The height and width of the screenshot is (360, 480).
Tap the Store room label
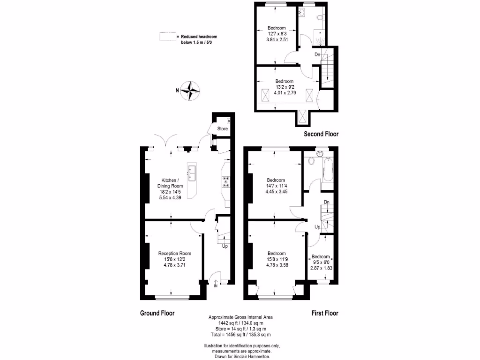222,128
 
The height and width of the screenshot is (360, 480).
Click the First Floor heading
325,313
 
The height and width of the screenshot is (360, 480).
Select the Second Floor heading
321,134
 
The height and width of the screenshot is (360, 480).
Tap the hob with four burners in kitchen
226,181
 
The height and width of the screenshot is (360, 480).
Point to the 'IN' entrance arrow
216,284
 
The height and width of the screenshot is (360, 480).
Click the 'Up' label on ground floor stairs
225,246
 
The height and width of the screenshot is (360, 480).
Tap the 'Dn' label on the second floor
317,55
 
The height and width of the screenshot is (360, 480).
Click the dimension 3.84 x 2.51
276,39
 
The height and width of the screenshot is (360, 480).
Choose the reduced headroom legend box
166,37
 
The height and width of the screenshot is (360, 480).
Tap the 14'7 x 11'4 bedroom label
276,186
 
